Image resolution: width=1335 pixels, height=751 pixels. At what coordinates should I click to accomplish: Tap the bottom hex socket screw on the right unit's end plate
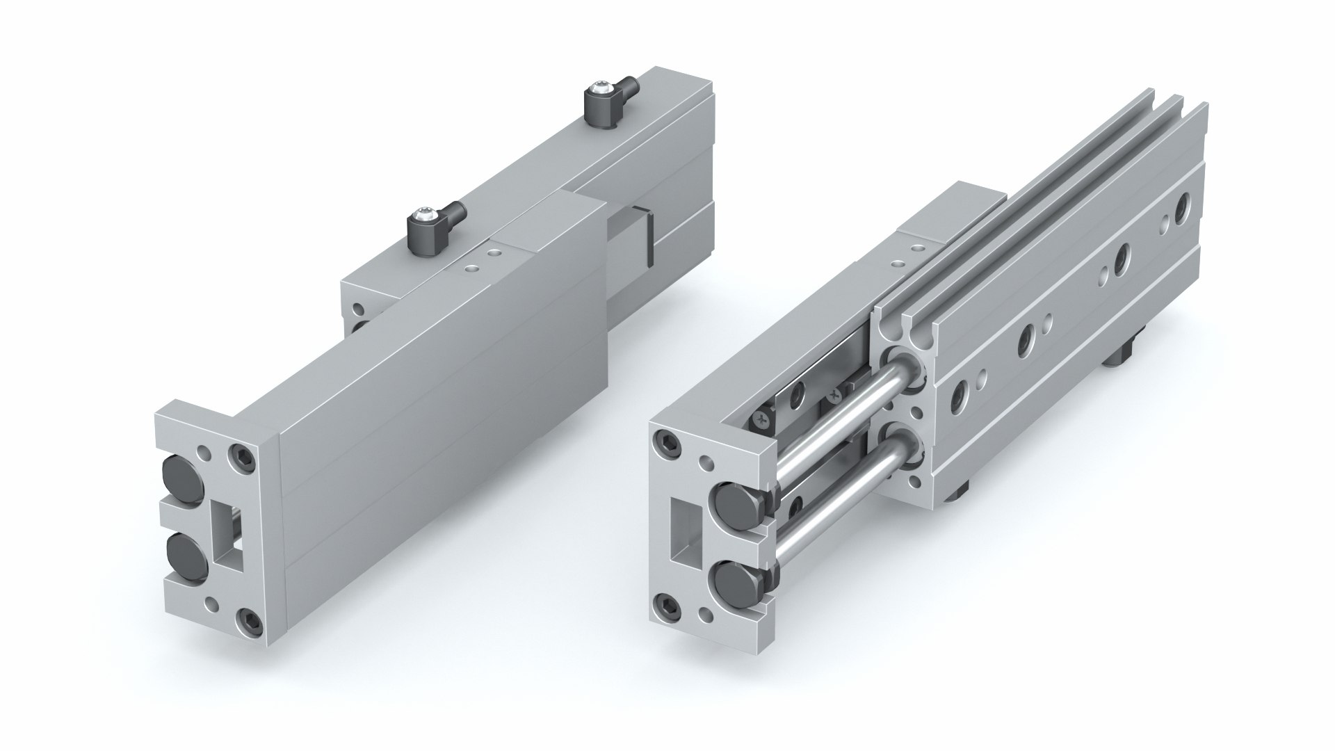(x=667, y=604)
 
